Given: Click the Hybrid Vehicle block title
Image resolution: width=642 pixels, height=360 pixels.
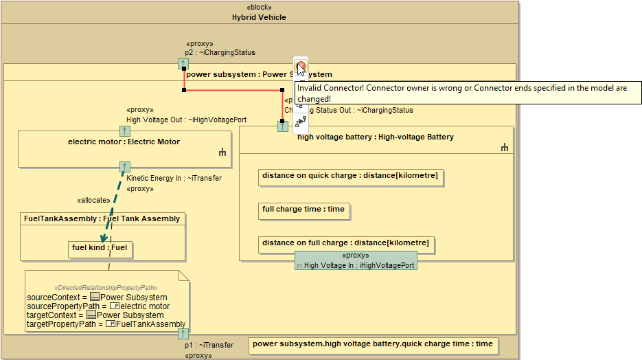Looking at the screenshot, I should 259,17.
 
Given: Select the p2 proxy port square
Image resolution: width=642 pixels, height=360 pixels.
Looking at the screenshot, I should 183,64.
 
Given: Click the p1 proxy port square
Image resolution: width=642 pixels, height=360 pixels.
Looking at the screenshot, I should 183,334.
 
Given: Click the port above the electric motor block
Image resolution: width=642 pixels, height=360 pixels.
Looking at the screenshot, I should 124,131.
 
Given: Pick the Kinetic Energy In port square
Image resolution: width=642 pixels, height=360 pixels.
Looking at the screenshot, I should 124,167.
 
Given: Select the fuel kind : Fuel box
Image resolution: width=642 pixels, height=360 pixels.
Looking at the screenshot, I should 102,249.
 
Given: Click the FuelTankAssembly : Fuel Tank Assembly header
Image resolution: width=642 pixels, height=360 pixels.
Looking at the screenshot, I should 102,219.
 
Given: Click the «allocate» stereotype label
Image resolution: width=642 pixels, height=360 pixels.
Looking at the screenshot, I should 93,200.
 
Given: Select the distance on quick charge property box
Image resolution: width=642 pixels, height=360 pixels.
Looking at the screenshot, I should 349,177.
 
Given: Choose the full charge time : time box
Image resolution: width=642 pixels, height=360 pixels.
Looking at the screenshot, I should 303,210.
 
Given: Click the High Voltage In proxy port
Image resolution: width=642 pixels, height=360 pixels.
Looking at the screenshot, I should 356,260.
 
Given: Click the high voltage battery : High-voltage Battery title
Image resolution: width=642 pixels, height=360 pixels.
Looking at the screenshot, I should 376,137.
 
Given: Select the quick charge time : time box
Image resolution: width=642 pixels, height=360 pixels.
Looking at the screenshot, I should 372,344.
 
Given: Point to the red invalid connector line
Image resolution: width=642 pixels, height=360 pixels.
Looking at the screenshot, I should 233,90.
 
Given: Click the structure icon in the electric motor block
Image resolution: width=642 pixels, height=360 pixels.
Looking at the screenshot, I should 222,153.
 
